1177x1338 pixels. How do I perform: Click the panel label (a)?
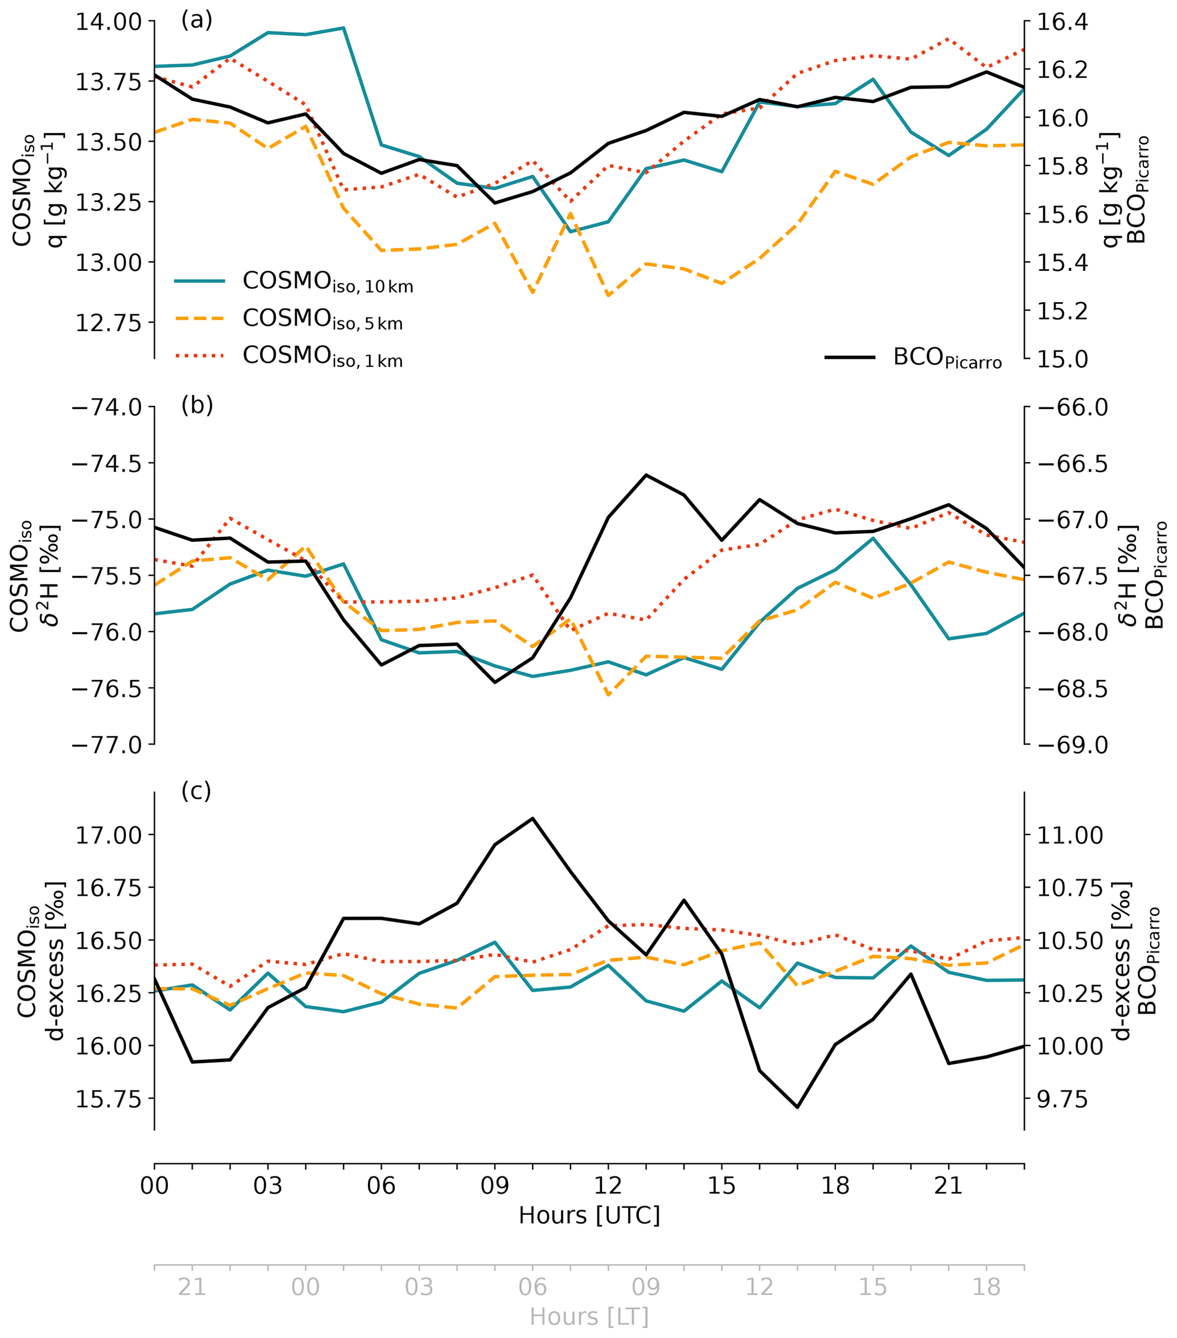[196, 21]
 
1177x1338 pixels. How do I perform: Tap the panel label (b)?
[196, 406]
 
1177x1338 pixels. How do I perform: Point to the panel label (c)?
[196, 792]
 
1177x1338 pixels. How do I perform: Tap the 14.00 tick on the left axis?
[108, 22]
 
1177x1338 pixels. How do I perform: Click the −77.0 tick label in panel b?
[108, 745]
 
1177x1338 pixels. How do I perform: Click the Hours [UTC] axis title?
[589, 1216]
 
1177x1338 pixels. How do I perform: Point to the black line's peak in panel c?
[532, 818]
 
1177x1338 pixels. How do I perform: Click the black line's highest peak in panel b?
[646, 475]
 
